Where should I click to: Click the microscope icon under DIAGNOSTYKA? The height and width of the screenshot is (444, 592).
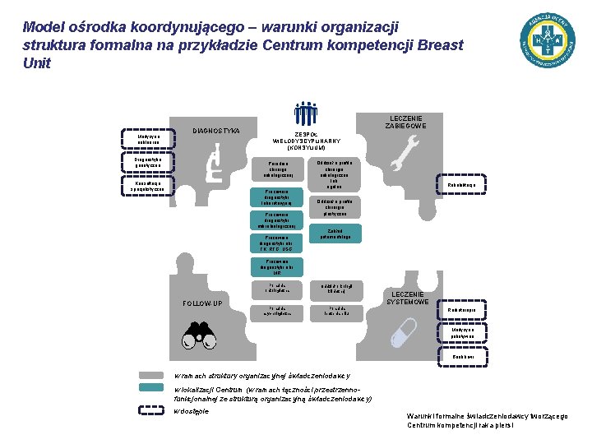click(215, 162)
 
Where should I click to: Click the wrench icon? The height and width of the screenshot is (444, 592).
click(402, 153)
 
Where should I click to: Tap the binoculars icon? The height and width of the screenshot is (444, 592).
click(197, 331)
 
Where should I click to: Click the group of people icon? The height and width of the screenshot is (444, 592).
click(306, 113)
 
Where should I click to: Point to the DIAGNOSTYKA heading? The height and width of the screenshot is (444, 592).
click(215, 131)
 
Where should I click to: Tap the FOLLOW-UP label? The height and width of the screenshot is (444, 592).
click(201, 303)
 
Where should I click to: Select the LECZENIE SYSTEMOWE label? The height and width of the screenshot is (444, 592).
click(408, 298)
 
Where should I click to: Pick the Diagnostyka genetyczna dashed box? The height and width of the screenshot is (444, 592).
click(149, 163)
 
